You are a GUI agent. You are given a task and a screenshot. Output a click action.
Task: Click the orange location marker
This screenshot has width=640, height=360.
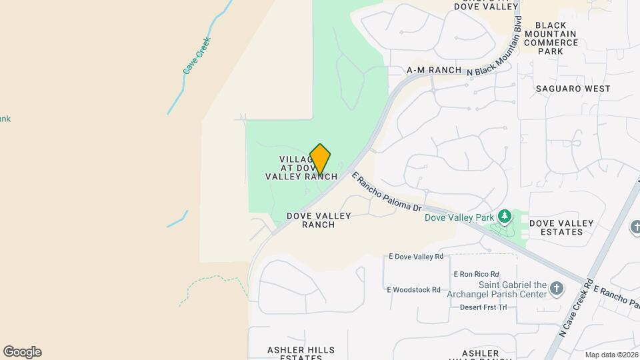(x=320, y=159)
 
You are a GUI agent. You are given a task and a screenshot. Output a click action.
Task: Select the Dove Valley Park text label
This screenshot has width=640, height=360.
(x=459, y=217)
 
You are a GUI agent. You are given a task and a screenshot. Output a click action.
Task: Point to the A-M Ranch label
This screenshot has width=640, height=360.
(x=434, y=70)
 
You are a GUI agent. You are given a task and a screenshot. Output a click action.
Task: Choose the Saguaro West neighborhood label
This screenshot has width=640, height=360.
(x=573, y=88)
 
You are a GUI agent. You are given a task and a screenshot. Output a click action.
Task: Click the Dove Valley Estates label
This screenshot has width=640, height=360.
(x=561, y=227)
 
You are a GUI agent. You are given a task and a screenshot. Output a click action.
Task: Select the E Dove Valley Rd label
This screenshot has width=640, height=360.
(x=416, y=257)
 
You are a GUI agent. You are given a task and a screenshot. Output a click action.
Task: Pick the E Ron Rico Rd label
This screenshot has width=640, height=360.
(x=476, y=274)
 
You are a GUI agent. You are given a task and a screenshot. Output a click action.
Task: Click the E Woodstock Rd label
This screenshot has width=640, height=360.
(x=413, y=290)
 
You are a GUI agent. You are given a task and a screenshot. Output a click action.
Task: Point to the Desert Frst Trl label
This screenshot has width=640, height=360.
(x=483, y=307)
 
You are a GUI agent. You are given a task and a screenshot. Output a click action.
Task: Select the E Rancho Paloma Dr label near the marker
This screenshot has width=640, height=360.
(x=387, y=193)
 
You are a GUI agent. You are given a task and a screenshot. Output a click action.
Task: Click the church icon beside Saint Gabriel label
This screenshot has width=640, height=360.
(x=556, y=289)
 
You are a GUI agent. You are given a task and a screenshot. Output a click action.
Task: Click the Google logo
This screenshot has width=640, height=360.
(x=22, y=352)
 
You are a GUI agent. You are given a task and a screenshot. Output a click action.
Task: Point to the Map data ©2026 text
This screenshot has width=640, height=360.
(x=611, y=355)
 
